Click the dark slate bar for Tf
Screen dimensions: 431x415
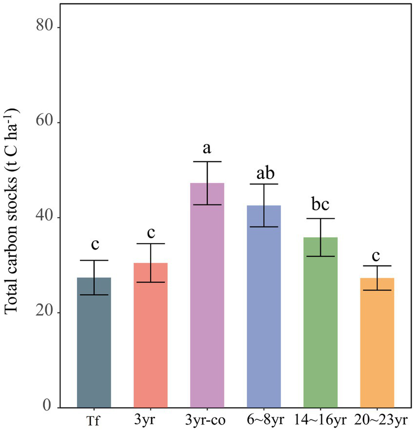click(94, 342)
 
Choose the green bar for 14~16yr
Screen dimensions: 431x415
click(320, 322)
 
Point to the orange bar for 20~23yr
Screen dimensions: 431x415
click(377, 342)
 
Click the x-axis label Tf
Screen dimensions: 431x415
click(94, 420)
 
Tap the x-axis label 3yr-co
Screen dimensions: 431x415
click(207, 420)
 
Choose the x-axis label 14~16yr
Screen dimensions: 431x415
click(320, 420)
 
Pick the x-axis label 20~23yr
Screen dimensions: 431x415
click(377, 420)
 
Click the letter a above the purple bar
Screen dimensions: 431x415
click(207, 148)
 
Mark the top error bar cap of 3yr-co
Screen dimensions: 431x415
click(207, 162)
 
